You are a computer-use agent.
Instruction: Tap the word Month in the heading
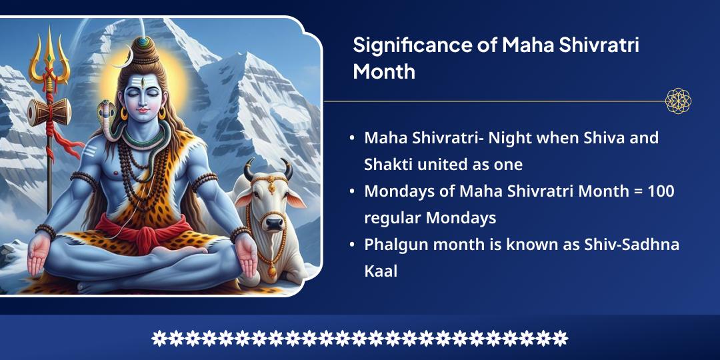384,71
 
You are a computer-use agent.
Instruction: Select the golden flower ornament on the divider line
678,101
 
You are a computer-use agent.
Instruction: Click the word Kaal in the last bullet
381,271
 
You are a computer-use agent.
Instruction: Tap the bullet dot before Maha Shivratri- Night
351,139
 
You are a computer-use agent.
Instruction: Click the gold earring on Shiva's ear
124,114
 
